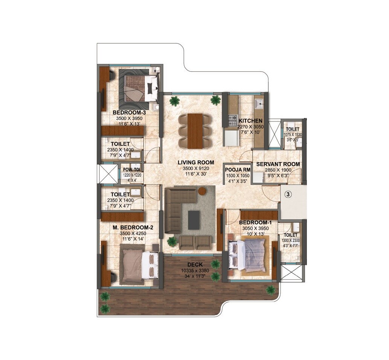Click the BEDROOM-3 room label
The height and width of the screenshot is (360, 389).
(x=129, y=112)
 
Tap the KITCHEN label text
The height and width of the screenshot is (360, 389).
(x=250, y=121)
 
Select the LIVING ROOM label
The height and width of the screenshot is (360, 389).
(x=196, y=162)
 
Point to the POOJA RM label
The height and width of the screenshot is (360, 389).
(x=236, y=169)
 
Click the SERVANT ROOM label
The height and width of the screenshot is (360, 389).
(x=278, y=164)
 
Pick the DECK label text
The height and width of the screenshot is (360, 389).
(x=195, y=265)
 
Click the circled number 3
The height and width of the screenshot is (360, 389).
(x=288, y=195)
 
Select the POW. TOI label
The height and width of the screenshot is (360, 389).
(x=131, y=170)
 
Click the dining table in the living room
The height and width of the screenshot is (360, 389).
(x=195, y=130)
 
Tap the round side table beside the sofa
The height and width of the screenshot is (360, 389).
(x=202, y=191)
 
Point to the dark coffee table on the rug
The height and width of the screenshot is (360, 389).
(x=194, y=220)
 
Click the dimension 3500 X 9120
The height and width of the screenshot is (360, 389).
(x=196, y=169)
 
